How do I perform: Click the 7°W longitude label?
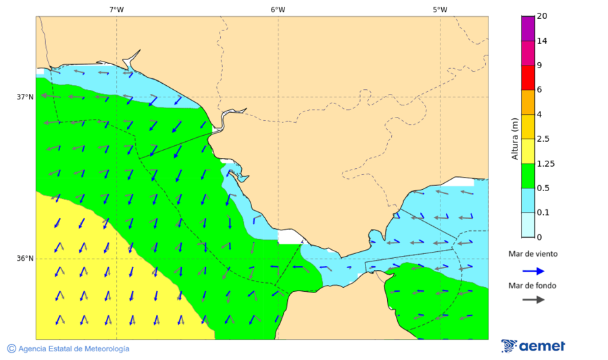(116, 9)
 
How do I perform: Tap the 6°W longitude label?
(278, 9)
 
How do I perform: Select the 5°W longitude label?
(440, 9)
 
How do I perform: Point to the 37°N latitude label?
(25, 97)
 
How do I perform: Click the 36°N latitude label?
(25, 259)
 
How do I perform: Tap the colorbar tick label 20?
(542, 16)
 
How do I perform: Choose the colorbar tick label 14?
(542, 41)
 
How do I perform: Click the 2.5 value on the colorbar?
(542, 139)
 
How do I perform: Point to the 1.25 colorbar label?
(544, 163)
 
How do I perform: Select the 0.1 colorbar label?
(542, 213)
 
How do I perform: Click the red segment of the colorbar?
(528, 78)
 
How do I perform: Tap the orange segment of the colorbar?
(528, 102)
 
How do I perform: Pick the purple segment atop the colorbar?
(528, 28)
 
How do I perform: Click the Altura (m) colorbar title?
(515, 139)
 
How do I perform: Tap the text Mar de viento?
(533, 254)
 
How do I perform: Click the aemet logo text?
(542, 346)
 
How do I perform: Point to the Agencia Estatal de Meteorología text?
(74, 349)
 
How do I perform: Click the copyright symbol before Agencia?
(11, 349)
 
